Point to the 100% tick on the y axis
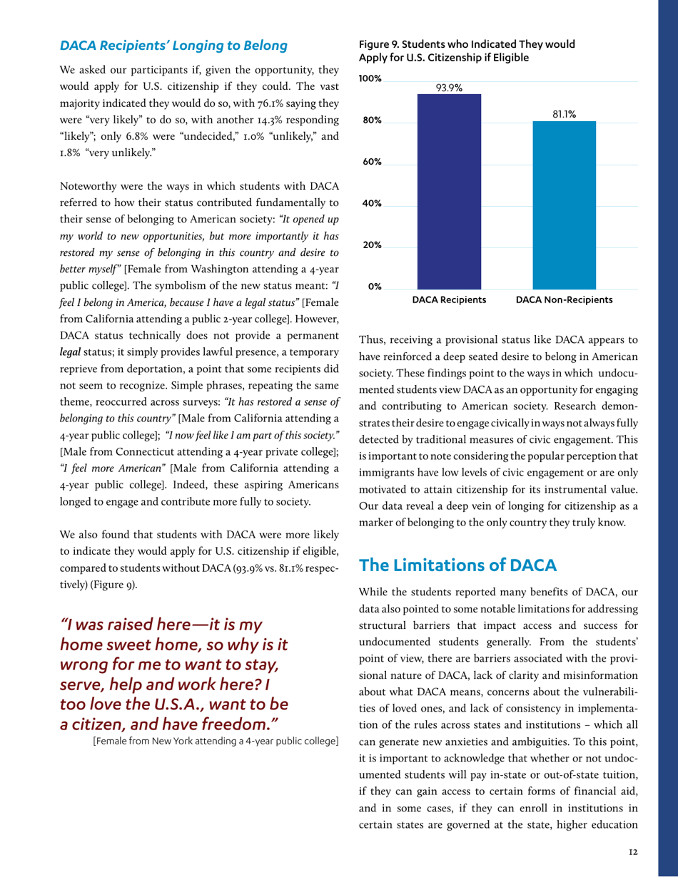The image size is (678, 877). (x=370, y=78)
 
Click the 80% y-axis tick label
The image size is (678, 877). (x=371, y=120)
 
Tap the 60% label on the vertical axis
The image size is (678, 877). (x=371, y=162)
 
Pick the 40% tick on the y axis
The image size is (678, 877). (x=371, y=204)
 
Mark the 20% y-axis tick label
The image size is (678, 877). (x=371, y=245)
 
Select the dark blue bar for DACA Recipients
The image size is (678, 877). (x=449, y=193)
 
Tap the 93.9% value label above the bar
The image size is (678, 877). (x=449, y=88)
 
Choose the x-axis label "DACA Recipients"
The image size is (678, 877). (x=449, y=300)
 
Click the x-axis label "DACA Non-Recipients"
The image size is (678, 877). (x=564, y=300)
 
